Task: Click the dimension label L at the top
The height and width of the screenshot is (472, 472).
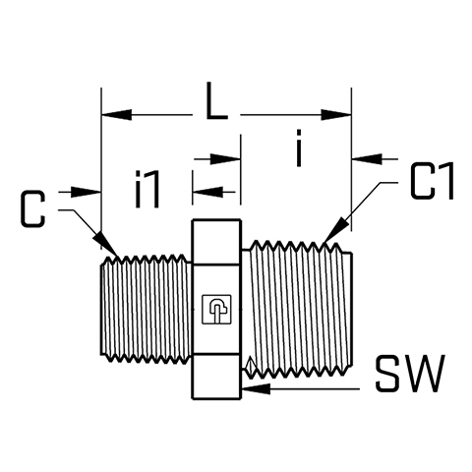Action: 215,100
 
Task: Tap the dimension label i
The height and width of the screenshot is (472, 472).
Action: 298,147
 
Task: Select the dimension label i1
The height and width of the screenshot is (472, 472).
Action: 147,189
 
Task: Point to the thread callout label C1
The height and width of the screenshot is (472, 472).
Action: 432,181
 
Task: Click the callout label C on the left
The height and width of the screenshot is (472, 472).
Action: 32,208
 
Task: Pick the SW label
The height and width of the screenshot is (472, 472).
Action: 410,374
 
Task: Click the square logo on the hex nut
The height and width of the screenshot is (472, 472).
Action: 216,310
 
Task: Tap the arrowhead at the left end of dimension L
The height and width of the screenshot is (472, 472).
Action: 117,115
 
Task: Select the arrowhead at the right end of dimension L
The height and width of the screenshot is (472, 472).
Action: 336,115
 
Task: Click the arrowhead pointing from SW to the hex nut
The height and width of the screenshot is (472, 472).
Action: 256,389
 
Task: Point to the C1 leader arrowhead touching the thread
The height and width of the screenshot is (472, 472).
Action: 334,230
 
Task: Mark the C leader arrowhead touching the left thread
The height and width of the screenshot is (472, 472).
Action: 105,243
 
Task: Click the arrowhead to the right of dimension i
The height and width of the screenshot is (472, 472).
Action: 367,158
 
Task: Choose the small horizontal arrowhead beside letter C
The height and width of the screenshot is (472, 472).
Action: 86,192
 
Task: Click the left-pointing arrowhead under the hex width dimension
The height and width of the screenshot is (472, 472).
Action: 207,192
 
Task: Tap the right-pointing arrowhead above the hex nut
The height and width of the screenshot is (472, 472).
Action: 225,159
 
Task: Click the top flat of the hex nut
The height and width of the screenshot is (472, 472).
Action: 216,220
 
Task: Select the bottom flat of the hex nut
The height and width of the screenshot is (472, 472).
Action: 216,398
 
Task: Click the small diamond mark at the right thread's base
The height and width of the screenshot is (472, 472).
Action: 251,367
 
